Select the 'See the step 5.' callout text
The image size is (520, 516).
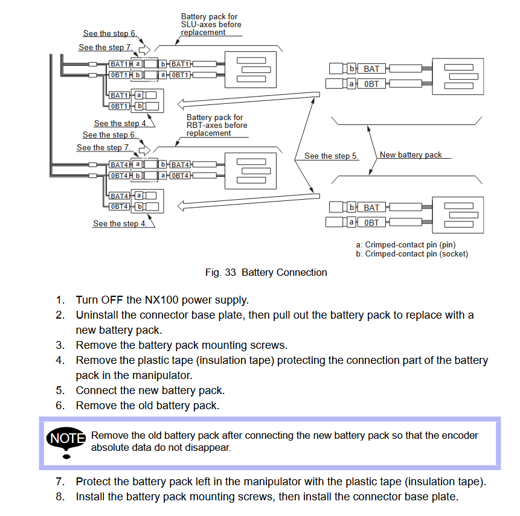[x=332, y=156]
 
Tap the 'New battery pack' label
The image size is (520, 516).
[x=411, y=154]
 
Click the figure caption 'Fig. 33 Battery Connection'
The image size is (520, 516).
[x=266, y=272]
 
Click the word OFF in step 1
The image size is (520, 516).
[x=112, y=300]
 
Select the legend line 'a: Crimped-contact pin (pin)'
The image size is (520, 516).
[x=406, y=245]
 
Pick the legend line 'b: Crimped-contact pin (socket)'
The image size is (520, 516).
[x=412, y=254]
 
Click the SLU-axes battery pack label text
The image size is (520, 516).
[x=211, y=25]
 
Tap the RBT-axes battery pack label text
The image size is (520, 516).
[x=217, y=126]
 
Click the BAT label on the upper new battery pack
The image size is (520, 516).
[x=371, y=69]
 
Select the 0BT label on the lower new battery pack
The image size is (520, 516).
[x=371, y=223]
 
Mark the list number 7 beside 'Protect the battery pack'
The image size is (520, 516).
[x=60, y=482]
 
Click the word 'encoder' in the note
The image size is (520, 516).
[x=460, y=435]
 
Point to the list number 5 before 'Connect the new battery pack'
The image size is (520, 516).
[x=60, y=390]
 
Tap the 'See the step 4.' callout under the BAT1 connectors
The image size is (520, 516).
[x=120, y=123]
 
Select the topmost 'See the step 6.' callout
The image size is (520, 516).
[x=109, y=33]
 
